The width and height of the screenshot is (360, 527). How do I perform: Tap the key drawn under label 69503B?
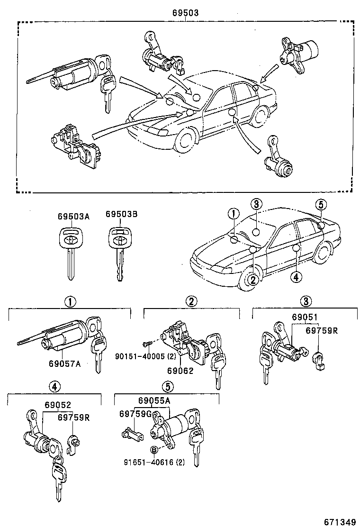click(118, 251)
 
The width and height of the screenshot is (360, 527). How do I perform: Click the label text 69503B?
click(121, 215)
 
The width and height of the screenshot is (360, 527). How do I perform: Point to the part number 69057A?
click(64, 363)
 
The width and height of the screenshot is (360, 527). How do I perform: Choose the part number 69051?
click(305, 317)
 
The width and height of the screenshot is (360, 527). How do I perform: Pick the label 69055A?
click(154, 400)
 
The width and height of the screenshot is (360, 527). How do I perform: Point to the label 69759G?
click(135, 414)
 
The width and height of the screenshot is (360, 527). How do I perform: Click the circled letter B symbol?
click(153, 449)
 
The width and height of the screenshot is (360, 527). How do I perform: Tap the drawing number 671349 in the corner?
click(340, 522)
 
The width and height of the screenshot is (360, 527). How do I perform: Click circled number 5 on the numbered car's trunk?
click(321, 205)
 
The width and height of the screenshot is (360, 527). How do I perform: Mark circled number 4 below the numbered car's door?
click(295, 277)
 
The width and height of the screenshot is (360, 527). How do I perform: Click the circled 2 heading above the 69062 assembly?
click(191, 301)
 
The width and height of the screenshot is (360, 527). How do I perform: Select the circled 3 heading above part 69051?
click(306, 301)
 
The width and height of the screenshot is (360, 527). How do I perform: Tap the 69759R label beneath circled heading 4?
click(74, 418)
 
